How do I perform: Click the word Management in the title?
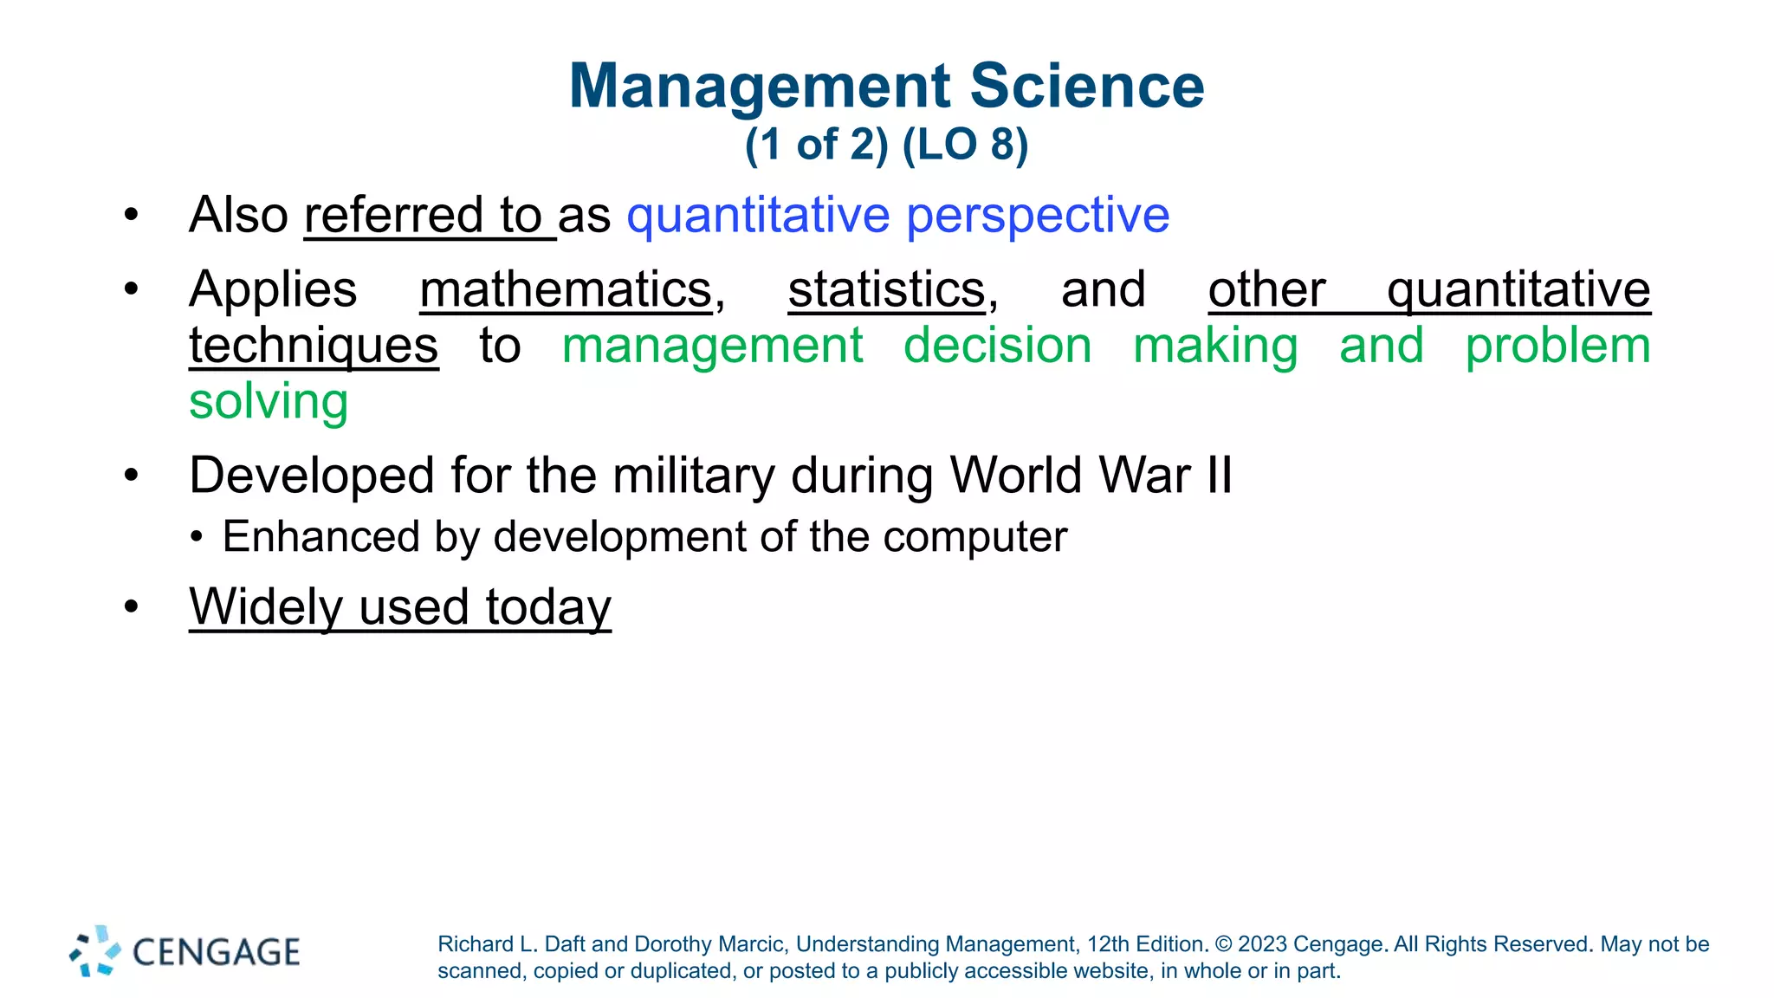(761, 87)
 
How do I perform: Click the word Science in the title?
(1087, 87)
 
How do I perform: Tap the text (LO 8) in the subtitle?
(965, 145)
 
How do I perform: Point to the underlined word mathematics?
(566, 289)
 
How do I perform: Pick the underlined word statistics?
(886, 289)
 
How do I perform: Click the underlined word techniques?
(314, 346)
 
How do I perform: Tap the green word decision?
(997, 346)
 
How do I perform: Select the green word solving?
(269, 402)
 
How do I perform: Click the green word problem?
(1557, 346)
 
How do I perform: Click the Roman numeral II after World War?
(1219, 476)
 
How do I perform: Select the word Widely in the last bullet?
(266, 606)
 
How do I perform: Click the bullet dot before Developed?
(131, 476)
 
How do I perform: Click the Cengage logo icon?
(95, 951)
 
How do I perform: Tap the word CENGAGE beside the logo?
(216, 952)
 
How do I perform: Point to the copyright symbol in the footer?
(1223, 944)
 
